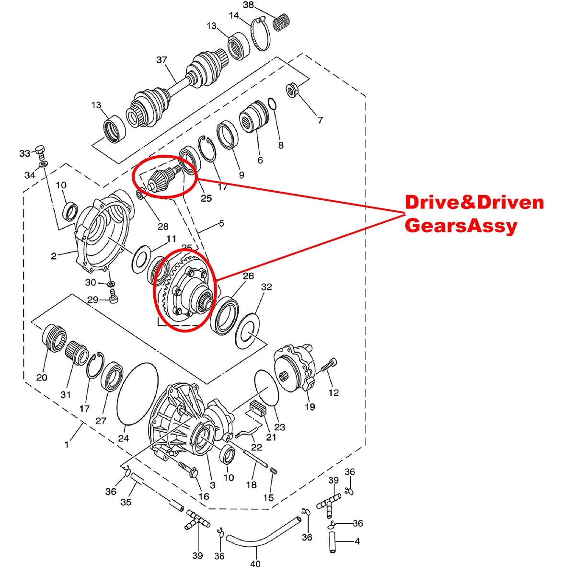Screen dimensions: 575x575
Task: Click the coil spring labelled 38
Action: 282,22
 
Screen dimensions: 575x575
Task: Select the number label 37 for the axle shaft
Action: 162,60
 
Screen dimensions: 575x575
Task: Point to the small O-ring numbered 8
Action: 272,104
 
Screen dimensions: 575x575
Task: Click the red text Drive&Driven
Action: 474,203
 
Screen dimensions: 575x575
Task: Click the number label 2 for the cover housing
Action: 54,256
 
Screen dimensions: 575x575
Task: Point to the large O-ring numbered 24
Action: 137,393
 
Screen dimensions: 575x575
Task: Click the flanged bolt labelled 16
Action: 188,469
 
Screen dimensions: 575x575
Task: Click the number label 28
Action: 163,227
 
